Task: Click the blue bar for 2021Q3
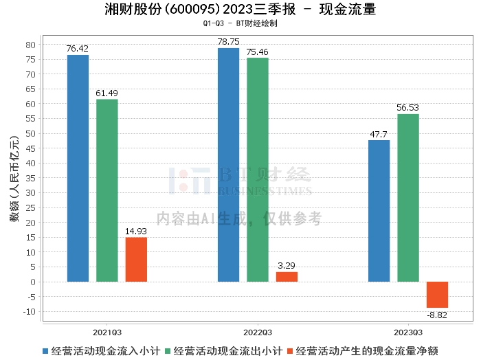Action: pyautogui.click(x=78, y=168)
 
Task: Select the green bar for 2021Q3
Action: pyautogui.click(x=107, y=190)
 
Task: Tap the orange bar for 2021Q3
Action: pyautogui.click(x=136, y=260)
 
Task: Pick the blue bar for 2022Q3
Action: pyautogui.click(x=229, y=165)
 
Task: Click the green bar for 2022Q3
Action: pyautogui.click(x=258, y=170)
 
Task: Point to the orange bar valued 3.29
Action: pyautogui.click(x=287, y=277)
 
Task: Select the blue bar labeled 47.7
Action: pyautogui.click(x=379, y=211)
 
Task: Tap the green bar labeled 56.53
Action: pyautogui.click(x=408, y=198)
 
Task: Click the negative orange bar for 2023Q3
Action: pyautogui.click(x=437, y=295)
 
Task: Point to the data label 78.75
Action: pyautogui.click(x=229, y=42)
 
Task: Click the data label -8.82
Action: pyautogui.click(x=437, y=315)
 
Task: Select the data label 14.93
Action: pyautogui.click(x=136, y=232)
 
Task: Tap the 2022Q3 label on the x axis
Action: pyautogui.click(x=258, y=333)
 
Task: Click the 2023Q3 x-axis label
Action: pyautogui.click(x=408, y=333)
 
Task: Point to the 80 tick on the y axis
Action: pyautogui.click(x=31, y=45)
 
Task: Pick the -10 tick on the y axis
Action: pyautogui.click(x=30, y=311)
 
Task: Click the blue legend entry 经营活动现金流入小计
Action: pyautogui.click(x=102, y=351)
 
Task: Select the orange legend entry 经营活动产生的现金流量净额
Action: pyautogui.click(x=363, y=351)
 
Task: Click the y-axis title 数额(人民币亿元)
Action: pyautogui.click(x=14, y=179)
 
